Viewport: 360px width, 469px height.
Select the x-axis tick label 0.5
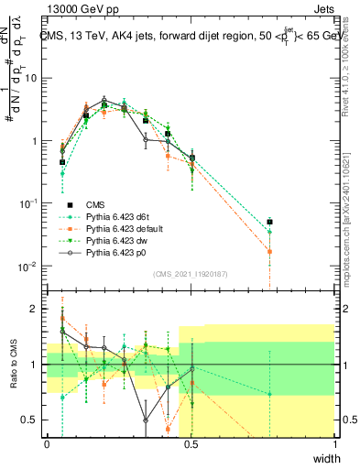(x=191, y=444)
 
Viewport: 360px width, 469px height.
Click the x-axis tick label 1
(x=334, y=444)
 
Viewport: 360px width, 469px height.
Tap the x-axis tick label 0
(x=48, y=444)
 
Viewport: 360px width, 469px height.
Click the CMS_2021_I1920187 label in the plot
(x=191, y=272)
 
